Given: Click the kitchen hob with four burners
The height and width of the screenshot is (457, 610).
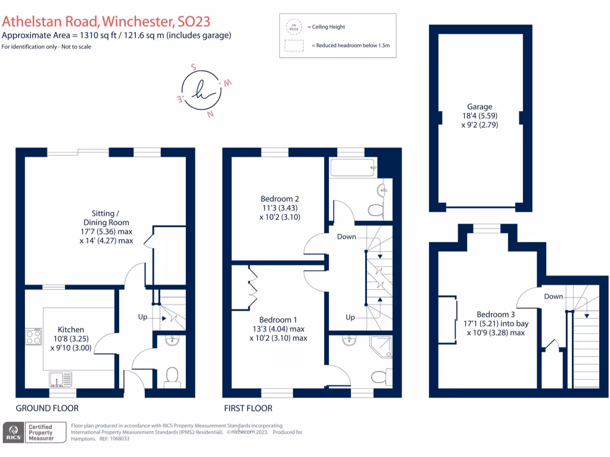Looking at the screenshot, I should click(33, 337).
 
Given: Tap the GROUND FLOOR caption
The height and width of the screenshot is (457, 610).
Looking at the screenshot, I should click(47, 408).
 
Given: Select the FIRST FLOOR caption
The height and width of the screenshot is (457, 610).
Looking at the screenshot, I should click(248, 408).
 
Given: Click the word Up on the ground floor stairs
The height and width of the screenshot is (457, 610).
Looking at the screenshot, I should click(142, 317).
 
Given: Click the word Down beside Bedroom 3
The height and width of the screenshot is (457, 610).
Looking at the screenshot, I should click(553, 296).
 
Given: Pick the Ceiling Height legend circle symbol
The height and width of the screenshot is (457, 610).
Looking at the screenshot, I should click(293, 27).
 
